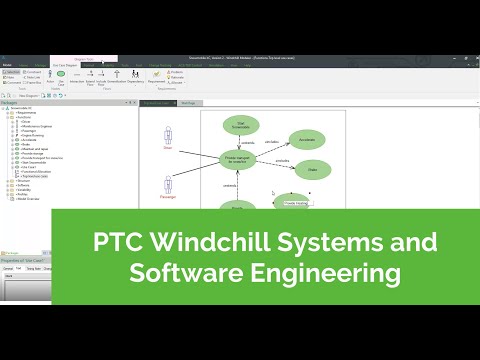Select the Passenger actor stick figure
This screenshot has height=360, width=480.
[167, 185]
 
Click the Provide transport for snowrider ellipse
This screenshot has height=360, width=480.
[244, 158]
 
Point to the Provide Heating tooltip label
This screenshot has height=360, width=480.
[296, 203]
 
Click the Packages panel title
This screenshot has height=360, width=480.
[10, 102]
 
